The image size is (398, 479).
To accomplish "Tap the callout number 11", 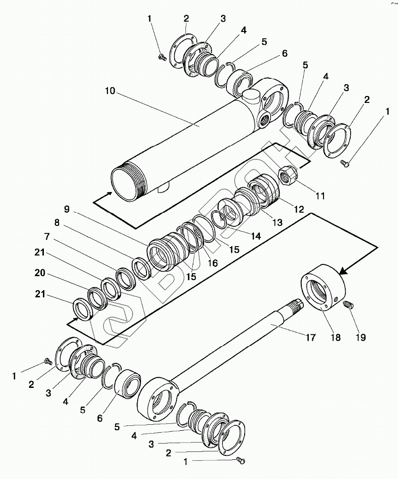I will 320,196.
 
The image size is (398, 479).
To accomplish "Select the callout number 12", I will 299,209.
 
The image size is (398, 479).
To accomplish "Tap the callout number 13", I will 277,223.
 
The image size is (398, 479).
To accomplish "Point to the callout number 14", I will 255,236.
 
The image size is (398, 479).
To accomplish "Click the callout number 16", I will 212,263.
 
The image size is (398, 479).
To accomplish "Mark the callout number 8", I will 57,223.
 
